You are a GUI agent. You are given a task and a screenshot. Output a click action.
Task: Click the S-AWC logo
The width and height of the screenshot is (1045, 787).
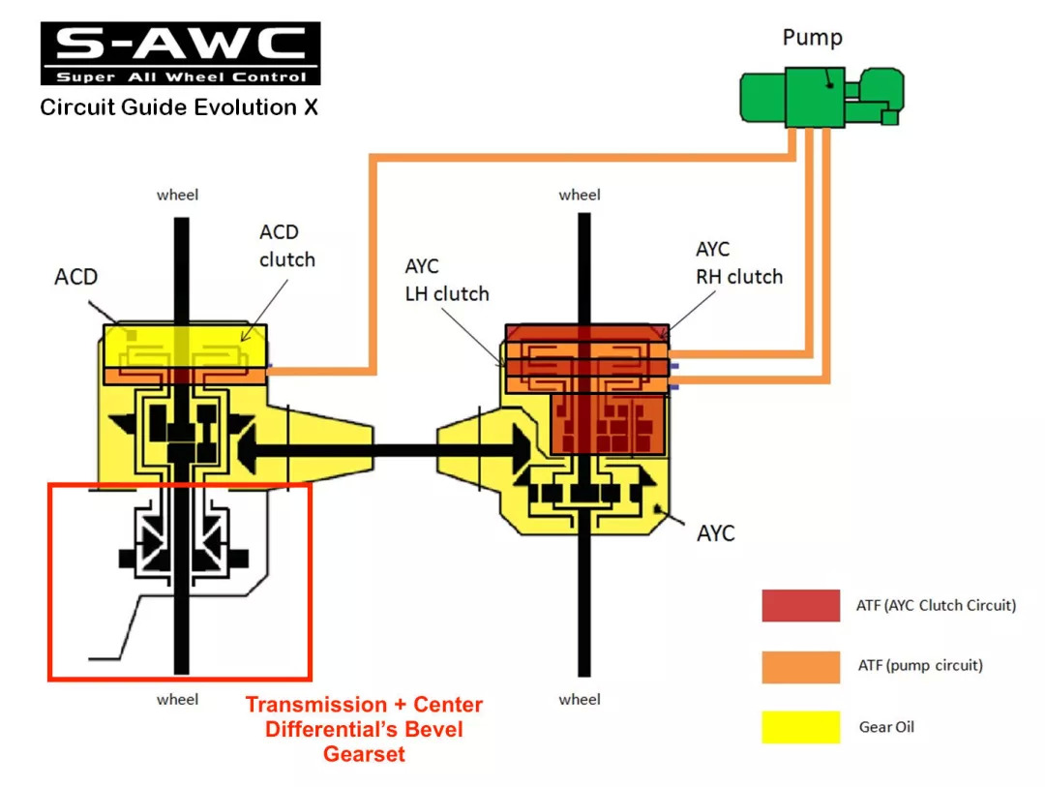coord(180,53)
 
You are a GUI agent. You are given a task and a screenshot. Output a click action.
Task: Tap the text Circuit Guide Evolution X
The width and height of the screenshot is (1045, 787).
coord(179,106)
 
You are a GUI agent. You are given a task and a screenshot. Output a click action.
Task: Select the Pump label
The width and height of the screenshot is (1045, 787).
coord(812,38)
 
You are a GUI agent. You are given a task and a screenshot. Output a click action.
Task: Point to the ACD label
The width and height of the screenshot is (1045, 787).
coord(75,277)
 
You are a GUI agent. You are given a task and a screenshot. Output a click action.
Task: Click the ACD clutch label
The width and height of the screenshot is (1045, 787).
coord(286,246)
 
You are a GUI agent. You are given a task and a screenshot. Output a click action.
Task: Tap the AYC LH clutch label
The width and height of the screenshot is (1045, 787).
coord(446,281)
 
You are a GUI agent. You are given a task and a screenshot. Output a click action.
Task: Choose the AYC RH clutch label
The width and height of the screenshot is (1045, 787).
coord(738,263)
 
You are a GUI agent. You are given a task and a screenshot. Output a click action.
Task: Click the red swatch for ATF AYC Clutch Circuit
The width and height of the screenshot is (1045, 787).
coord(800,606)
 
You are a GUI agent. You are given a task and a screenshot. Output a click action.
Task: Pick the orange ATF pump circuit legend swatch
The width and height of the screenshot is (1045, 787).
coord(800,666)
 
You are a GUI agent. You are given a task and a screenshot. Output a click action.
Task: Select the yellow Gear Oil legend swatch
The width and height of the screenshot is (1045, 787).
coord(800,726)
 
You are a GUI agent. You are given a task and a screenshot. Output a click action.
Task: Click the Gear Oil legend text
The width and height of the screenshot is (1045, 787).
coord(886,726)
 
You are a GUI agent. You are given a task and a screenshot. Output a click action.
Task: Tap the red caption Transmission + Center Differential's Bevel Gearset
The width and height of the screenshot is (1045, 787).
coord(364,729)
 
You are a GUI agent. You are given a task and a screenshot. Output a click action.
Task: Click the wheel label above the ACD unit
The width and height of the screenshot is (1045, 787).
coord(177,195)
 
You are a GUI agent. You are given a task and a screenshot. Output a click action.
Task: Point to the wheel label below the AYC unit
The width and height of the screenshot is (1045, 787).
coord(580,699)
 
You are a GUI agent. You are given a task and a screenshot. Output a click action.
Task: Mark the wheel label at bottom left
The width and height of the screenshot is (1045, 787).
coord(177,699)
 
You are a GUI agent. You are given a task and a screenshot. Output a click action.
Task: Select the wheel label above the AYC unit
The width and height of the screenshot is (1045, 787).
coord(580,195)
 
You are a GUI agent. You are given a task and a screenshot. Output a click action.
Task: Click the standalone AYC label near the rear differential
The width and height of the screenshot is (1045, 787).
coord(715,533)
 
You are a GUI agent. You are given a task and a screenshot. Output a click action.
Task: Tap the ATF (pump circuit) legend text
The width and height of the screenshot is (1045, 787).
coord(919,666)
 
